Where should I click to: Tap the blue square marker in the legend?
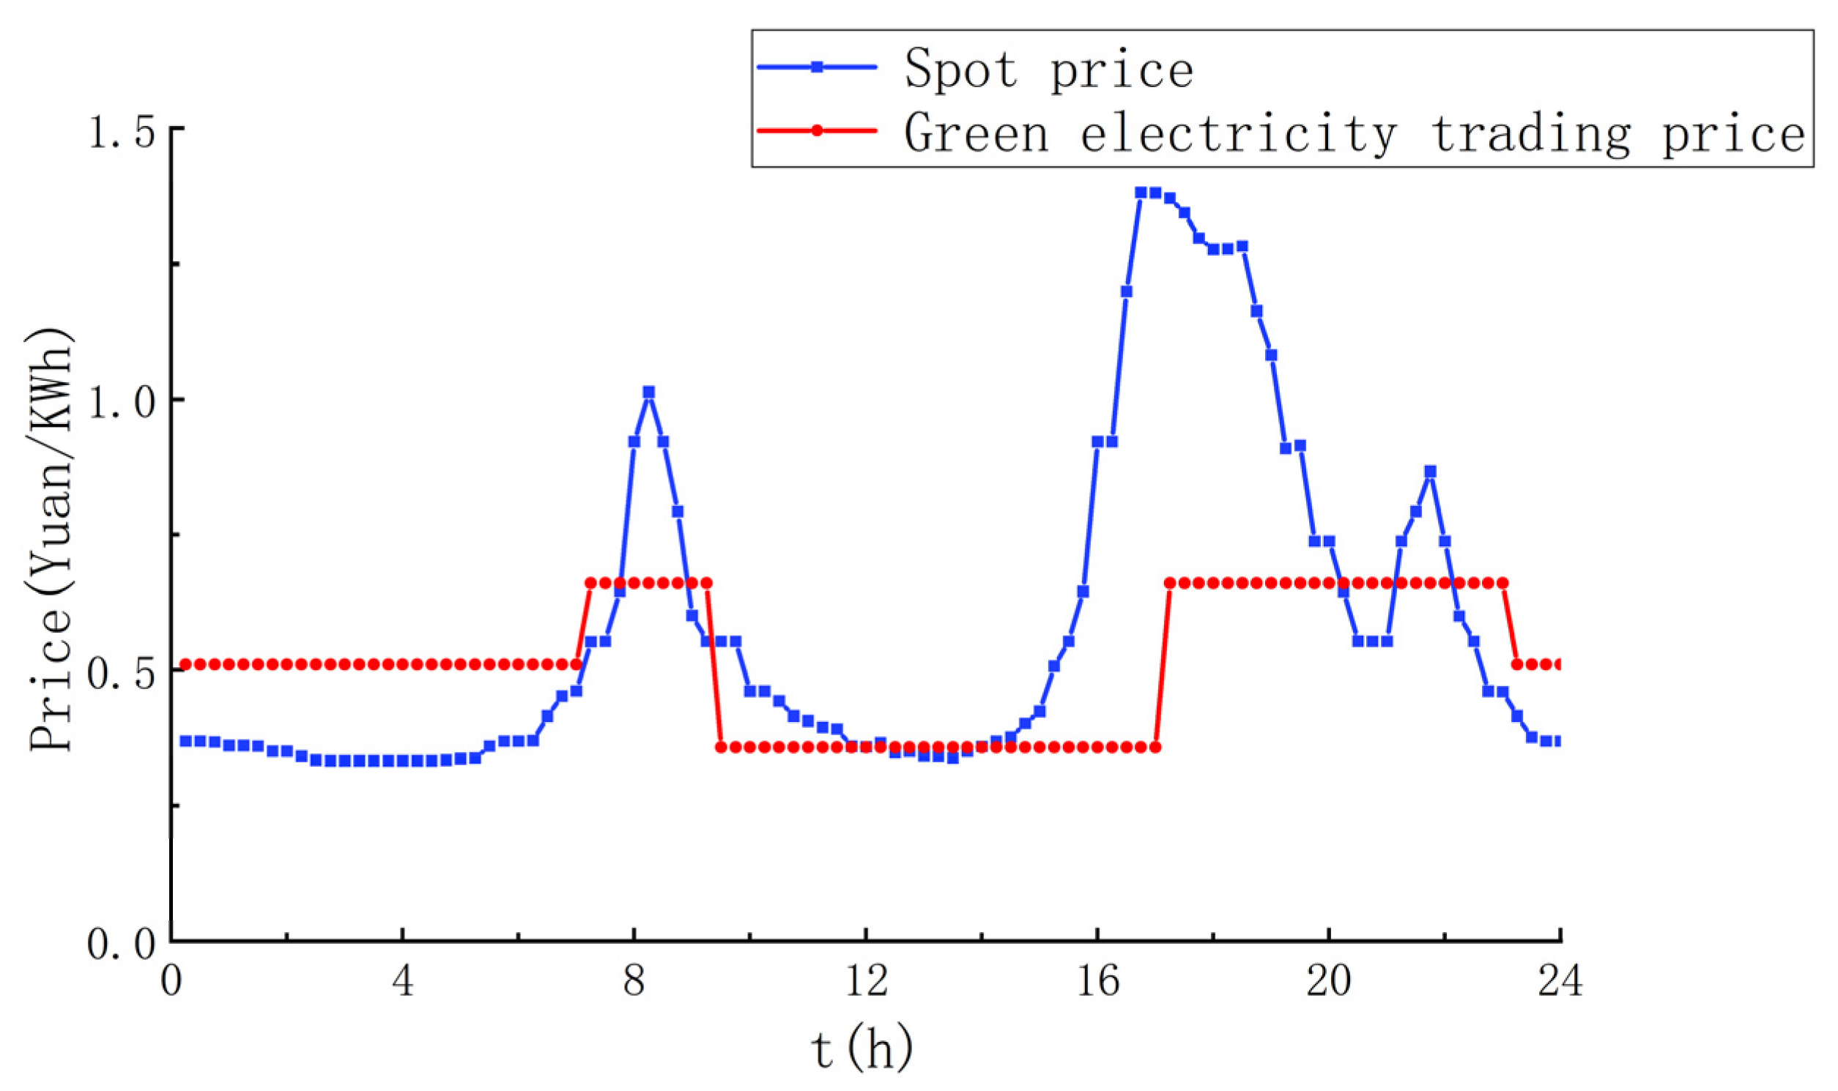(816, 67)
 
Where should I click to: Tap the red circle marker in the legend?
(816, 131)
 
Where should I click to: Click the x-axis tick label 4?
(402, 981)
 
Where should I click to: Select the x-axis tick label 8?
(634, 981)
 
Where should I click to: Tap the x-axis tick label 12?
(866, 981)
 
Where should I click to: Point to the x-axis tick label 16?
(1097, 981)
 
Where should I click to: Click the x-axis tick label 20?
(1329, 981)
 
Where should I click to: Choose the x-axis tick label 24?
(1560, 981)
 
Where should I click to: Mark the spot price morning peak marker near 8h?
(648, 392)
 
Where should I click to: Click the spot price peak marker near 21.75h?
(1430, 472)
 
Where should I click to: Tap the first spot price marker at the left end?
(185, 740)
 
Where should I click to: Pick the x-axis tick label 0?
(171, 981)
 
